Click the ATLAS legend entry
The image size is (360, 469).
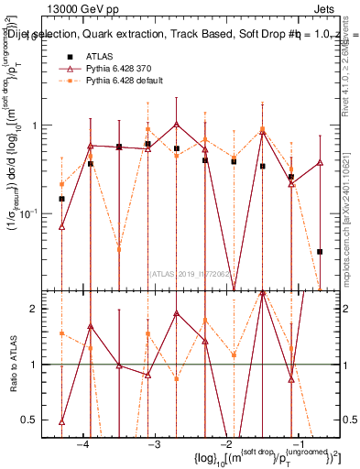point(98,56)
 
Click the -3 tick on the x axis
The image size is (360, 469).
point(155,444)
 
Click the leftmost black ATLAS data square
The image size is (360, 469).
point(61,199)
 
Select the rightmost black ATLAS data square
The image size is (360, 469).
point(320,251)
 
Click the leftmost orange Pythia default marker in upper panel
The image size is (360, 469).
point(61,184)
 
